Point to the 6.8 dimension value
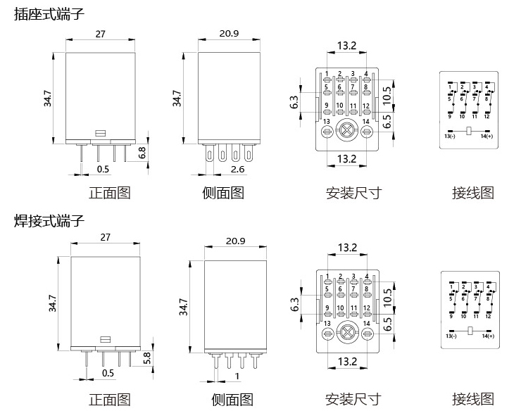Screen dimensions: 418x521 (142, 151)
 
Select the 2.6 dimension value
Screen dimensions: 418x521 (238, 170)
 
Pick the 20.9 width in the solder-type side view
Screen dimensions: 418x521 (236, 241)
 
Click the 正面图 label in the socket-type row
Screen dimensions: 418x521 (109, 192)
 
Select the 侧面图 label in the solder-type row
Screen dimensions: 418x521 (232, 400)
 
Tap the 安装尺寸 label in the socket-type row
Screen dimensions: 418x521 (353, 192)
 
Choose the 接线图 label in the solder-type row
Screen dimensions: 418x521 (473, 399)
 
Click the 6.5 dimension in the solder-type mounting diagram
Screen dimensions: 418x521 (387, 325)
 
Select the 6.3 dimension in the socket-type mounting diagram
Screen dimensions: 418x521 (295, 103)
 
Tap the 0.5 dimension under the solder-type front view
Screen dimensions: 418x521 (108, 373)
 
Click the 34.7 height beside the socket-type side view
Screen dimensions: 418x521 (177, 99)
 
